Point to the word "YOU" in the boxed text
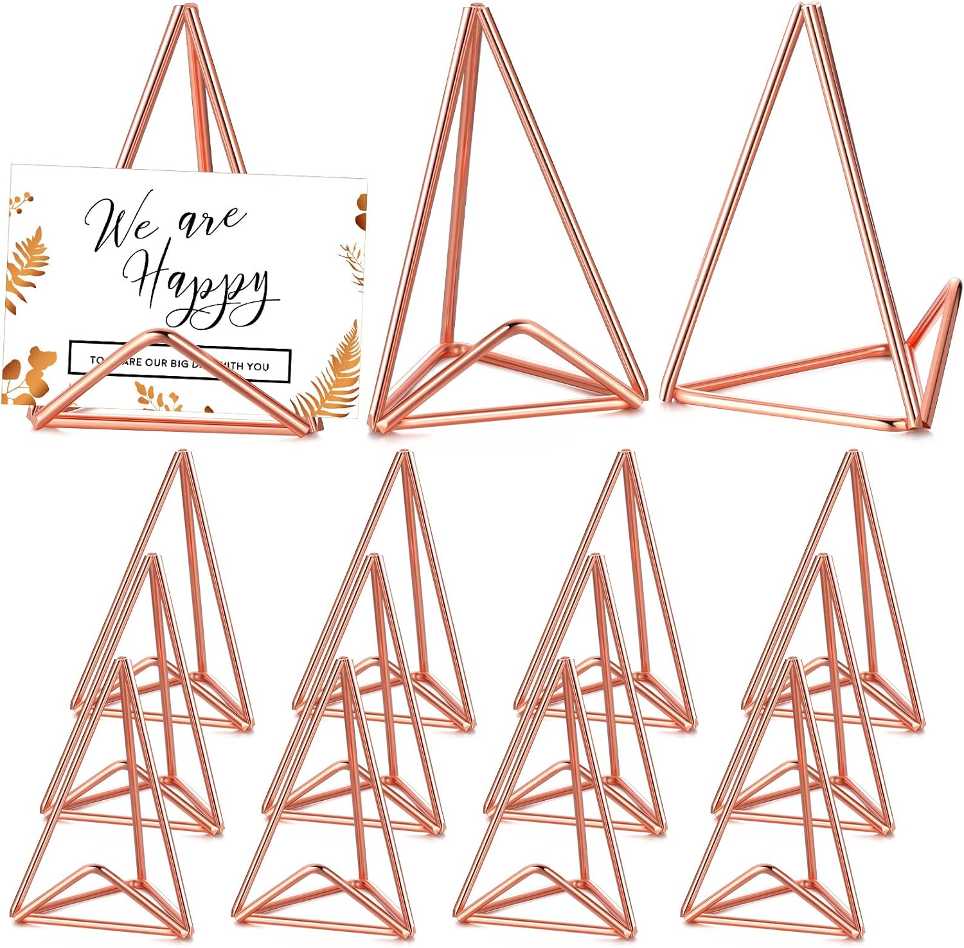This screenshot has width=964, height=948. click(x=256, y=366)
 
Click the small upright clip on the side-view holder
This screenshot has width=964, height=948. click(x=938, y=321)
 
